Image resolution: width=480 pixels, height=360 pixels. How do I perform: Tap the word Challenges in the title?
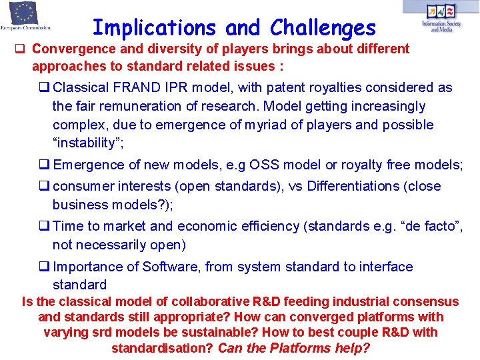click(323, 28)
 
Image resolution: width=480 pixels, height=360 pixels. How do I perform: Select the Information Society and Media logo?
click(441, 17)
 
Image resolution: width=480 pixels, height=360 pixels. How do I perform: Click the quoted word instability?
click(88, 143)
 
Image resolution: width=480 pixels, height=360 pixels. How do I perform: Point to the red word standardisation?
click(162, 348)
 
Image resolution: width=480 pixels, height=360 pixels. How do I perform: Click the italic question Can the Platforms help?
click(294, 348)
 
